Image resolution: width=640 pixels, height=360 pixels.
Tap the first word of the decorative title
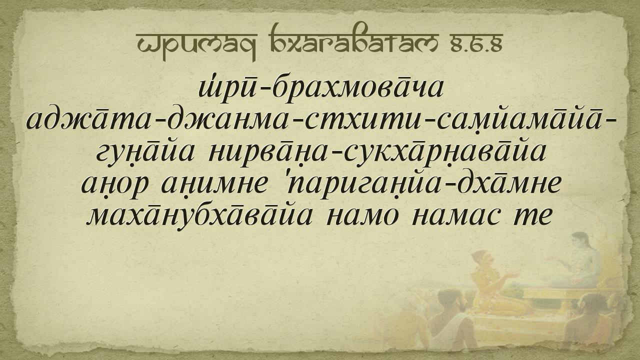[x=196, y=45]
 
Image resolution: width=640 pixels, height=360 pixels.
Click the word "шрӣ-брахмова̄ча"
[x=321, y=89]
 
